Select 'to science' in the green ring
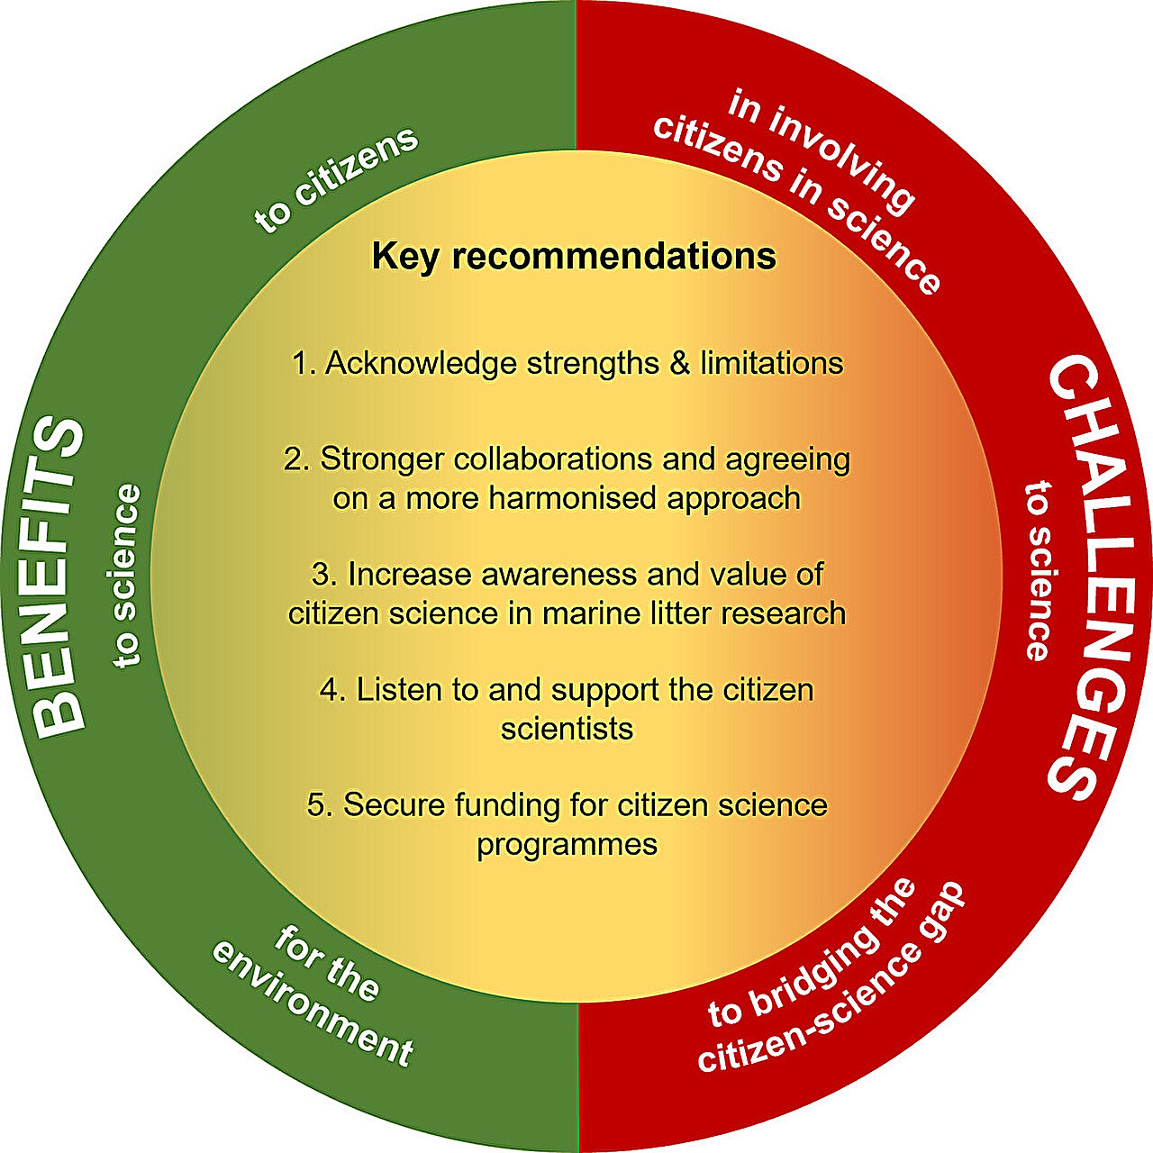click(x=127, y=576)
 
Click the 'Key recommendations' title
click(x=574, y=257)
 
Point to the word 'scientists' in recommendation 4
click(x=567, y=729)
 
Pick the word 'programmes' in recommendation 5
click(x=567, y=845)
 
